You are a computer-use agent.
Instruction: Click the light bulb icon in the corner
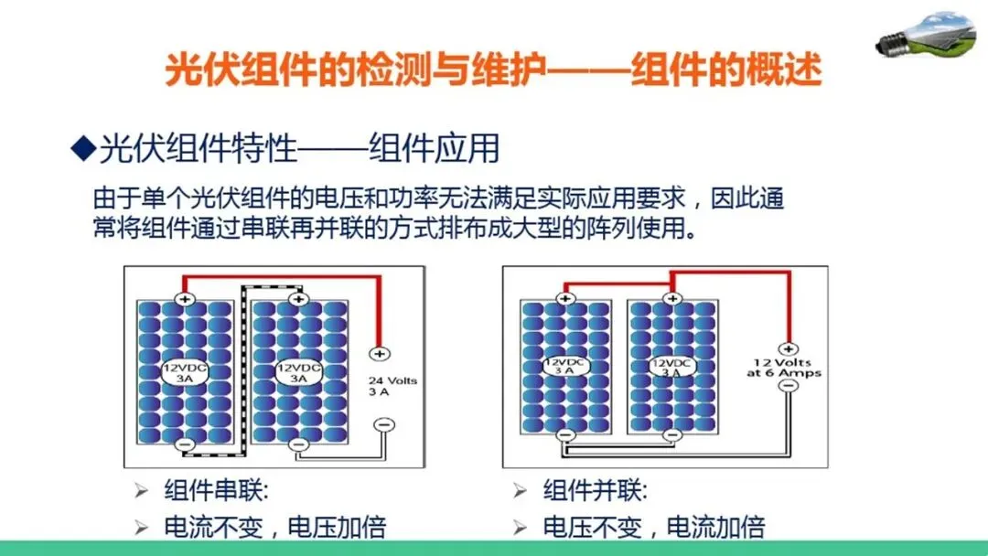click(x=924, y=36)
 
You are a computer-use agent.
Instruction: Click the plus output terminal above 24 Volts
click(x=381, y=353)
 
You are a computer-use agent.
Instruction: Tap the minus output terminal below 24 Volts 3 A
click(x=385, y=424)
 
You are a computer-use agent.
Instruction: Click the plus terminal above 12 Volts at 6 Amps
click(x=787, y=348)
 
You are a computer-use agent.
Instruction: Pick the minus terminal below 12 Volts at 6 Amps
click(x=787, y=386)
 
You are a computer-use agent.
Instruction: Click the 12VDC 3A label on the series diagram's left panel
click(x=183, y=372)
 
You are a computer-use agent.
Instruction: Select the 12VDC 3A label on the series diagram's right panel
click(x=298, y=372)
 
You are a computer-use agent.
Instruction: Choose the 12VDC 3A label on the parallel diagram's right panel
click(x=671, y=367)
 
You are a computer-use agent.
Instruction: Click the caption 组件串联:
click(x=216, y=491)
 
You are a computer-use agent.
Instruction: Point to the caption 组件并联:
click(x=595, y=491)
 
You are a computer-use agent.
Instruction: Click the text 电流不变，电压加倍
click(x=274, y=527)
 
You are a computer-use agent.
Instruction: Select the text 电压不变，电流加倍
click(x=653, y=527)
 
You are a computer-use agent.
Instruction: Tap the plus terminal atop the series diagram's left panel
click(x=184, y=299)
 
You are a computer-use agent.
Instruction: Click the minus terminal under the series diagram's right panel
click(x=295, y=444)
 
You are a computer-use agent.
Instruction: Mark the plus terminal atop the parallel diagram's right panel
click(x=672, y=298)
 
